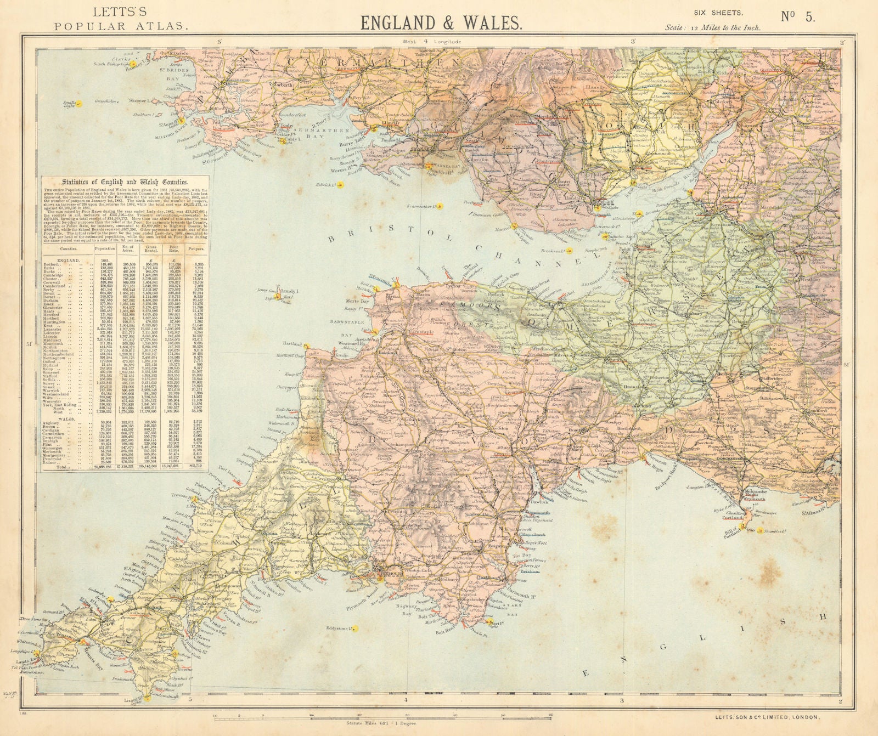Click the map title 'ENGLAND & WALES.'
click(x=440, y=22)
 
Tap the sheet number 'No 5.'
click(x=798, y=17)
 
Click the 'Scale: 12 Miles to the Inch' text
click(x=713, y=27)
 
